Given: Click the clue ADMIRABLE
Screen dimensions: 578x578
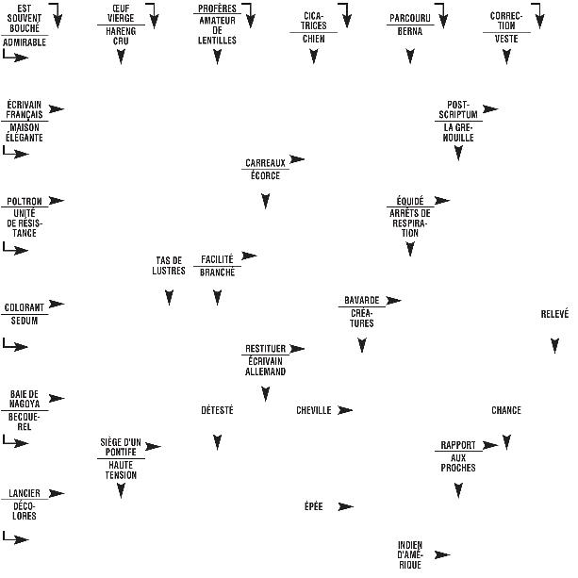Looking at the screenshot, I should [x=25, y=42].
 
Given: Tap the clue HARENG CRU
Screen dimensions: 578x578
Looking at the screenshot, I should [x=121, y=36].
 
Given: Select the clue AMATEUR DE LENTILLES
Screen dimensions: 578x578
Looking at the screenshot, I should [x=218, y=36].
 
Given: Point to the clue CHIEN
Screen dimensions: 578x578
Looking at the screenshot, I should [x=314, y=39].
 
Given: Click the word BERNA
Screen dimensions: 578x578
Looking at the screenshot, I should [x=410, y=30].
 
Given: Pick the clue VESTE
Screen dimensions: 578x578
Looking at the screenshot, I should [x=506, y=39].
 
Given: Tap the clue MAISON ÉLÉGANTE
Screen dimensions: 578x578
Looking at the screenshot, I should [x=25, y=132].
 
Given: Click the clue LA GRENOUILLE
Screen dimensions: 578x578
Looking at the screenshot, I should [x=458, y=132].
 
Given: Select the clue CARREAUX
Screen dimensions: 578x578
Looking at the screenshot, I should [x=265, y=163].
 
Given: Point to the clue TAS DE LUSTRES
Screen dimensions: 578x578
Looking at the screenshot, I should [x=170, y=266].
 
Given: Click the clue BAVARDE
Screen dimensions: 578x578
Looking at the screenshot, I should [x=361, y=300].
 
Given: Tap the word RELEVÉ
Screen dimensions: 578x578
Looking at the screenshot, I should [x=554, y=315].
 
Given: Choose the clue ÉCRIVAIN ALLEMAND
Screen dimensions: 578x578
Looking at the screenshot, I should [x=266, y=366].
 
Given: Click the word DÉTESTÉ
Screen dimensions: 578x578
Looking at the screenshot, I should [x=217, y=410].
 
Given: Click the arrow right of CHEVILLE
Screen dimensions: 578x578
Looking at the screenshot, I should [x=345, y=410].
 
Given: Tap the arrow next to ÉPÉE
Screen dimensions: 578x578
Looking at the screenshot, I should [x=345, y=506].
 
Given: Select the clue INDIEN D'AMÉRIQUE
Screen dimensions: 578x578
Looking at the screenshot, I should [x=410, y=555].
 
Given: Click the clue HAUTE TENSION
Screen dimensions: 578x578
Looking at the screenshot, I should [x=121, y=470].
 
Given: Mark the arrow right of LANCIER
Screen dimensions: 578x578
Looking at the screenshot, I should [x=57, y=493].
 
